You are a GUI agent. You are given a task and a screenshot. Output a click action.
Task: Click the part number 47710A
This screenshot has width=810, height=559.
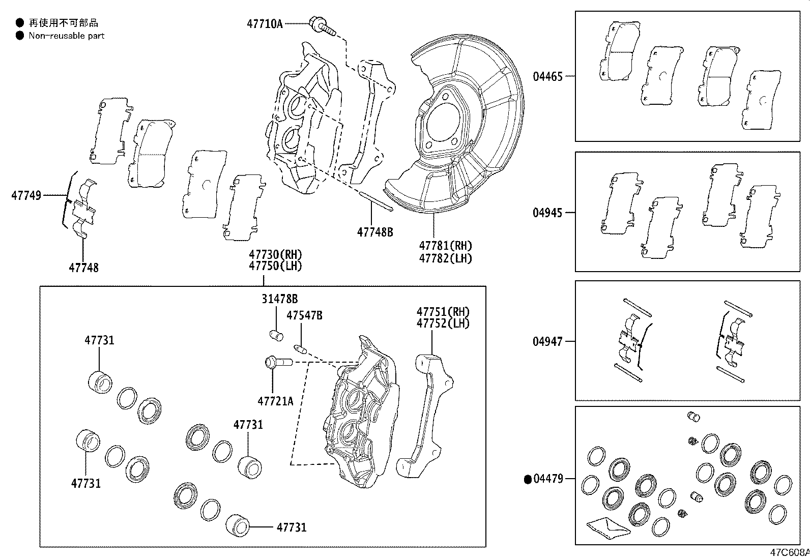coord(265,23)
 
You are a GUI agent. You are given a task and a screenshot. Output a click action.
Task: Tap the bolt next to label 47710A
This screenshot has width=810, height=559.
coord(322,26)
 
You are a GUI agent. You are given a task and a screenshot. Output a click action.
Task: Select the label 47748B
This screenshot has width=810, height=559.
coord(375,232)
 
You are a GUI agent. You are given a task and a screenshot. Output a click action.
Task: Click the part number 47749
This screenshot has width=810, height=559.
coord(26,195)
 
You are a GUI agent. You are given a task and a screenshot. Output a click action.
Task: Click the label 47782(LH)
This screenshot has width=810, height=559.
coord(446,258)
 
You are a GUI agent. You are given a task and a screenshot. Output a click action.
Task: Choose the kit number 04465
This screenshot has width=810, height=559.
coord(548,77)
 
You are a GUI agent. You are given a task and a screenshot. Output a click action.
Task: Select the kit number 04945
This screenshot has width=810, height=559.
coord(548,213)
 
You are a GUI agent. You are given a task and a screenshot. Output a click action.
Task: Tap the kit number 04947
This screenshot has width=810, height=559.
coord(548,341)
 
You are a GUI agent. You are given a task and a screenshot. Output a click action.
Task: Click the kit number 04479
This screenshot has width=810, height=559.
coord(548,479)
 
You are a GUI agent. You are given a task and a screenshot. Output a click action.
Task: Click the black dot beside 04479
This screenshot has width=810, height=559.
coord(528,479)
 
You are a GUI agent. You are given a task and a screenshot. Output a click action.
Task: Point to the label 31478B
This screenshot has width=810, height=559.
coord(280,299)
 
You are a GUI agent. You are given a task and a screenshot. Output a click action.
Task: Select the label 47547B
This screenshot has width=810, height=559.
coord(304,316)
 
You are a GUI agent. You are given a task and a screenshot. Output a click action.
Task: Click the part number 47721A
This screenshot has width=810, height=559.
coord(275,401)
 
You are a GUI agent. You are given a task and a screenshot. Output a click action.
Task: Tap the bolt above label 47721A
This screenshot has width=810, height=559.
coord(277,363)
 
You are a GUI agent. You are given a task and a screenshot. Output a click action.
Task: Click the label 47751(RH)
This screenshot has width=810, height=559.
coord(443,312)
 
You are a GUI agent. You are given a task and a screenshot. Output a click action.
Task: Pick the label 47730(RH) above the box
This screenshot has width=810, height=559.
coord(275,254)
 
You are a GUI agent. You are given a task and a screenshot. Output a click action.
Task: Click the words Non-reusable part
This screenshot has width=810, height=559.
coord(66,36)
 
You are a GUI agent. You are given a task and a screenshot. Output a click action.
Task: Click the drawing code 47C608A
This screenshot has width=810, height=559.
coord(789,552)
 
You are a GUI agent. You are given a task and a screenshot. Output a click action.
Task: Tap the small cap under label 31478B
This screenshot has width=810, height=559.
coord(276,335)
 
